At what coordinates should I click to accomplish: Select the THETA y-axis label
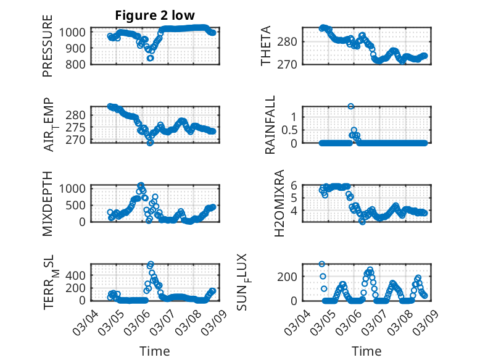pyautogui.click(x=266, y=46)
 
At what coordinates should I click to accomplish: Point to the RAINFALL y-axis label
pyautogui.click(x=270, y=125)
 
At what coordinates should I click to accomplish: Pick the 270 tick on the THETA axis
pyautogui.click(x=291, y=64)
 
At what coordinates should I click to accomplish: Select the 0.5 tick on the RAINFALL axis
pyautogui.click(x=289, y=130)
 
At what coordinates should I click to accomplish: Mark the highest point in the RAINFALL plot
pyautogui.click(x=351, y=106)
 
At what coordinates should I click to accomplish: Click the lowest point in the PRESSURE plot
pyautogui.click(x=150, y=58)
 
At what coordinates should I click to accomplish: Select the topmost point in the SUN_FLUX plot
pyautogui.click(x=322, y=264)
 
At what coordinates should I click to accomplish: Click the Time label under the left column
pyautogui.click(x=154, y=351)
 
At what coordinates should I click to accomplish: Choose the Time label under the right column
pyautogui.click(x=366, y=351)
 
